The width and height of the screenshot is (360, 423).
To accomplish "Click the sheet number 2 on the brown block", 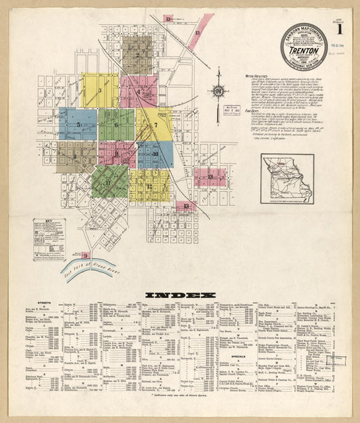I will click(137, 55).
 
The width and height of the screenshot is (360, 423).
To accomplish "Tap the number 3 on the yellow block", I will click(99, 90).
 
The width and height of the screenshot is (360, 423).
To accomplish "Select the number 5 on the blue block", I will click(78, 124).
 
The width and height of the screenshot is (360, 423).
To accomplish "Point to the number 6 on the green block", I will click(116, 124).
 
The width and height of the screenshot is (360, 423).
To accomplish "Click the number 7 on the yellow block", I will click(155, 125).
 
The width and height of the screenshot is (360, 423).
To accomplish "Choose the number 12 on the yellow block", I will click(149, 186).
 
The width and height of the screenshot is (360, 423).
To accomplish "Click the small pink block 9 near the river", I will click(85, 255).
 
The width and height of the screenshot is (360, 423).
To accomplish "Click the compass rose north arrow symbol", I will click(218, 93).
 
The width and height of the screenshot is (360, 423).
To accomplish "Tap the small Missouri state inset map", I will click(287, 178).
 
